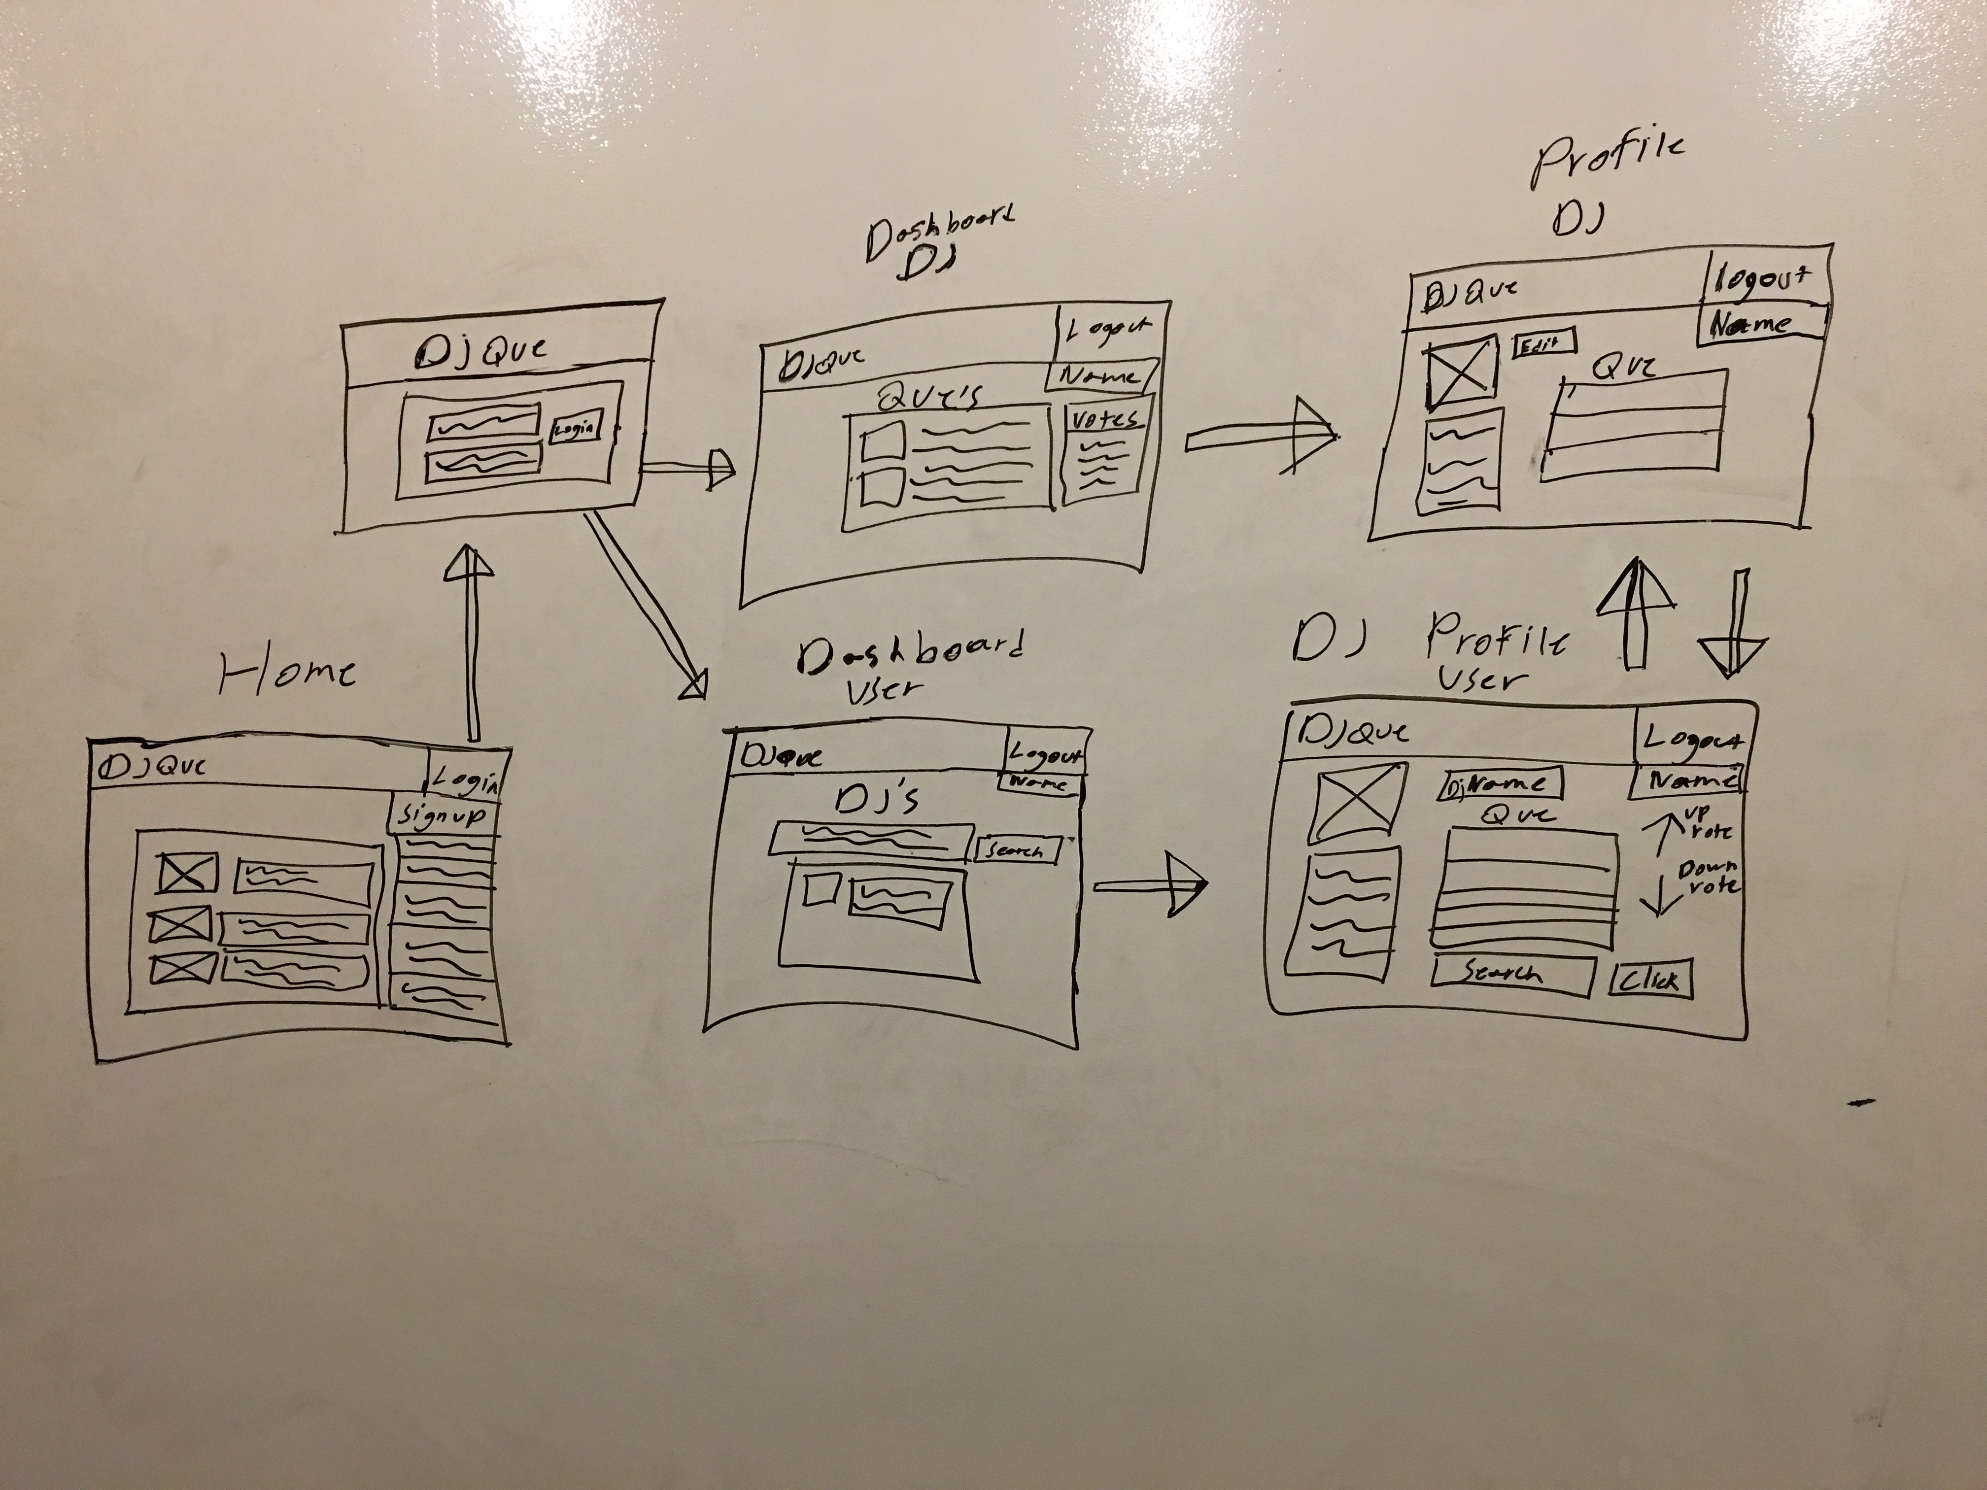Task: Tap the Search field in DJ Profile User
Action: [x=1513, y=975]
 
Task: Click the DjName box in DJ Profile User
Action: [x=1501, y=784]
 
